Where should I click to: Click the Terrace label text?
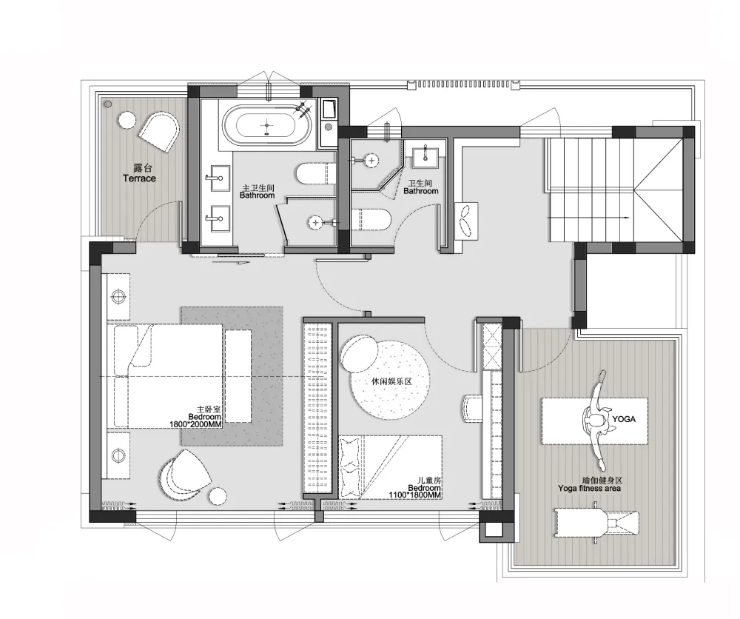[x=139, y=178]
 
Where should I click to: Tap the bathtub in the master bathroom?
[x=267, y=126]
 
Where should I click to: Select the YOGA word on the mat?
[x=624, y=419]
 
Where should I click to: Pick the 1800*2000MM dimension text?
[x=195, y=424]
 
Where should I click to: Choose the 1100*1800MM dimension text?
[x=415, y=495]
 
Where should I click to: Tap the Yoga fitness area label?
[x=589, y=488]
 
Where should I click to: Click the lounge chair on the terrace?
[x=160, y=131]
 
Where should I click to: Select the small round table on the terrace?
[x=127, y=120]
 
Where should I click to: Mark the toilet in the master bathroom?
[x=316, y=174]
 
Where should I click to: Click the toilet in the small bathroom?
[x=371, y=221]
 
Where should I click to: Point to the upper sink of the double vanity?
[x=219, y=178]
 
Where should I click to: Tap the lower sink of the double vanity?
[x=219, y=218]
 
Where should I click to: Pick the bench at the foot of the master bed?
[x=238, y=376]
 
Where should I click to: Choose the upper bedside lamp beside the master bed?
[x=118, y=297]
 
